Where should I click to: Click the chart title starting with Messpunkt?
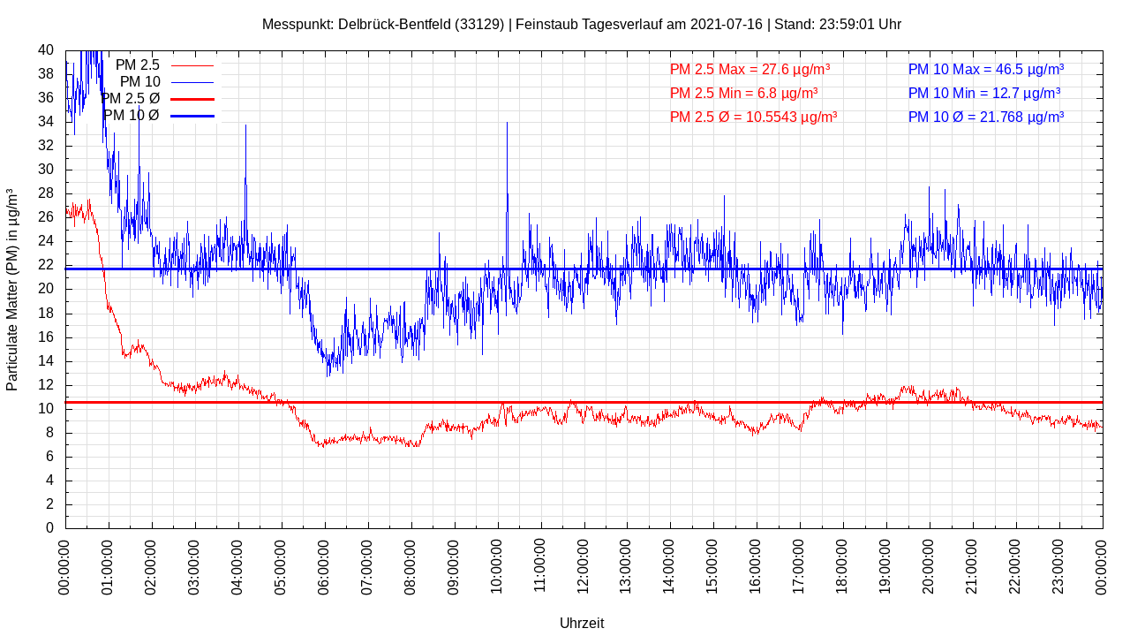coord(582,24)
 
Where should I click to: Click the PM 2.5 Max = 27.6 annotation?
coord(750,69)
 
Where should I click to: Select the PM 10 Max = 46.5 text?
coord(985,69)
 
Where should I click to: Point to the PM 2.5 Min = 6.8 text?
coord(743,93)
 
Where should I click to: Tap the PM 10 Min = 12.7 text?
coord(984,93)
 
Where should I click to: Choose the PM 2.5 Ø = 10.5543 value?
coord(753,117)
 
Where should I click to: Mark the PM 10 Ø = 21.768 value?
coord(985,117)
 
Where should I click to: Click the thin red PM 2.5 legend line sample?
coord(192,65)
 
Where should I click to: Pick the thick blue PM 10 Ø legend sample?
coord(192,116)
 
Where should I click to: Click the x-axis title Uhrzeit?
coord(582,623)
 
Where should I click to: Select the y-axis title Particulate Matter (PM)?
coord(12,289)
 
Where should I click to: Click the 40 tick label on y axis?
coord(46,50)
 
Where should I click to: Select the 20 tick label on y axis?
coord(46,289)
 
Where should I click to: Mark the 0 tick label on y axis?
coord(49,527)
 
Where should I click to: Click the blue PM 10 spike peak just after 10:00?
coord(507,124)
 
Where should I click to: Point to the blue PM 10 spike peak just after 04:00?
coord(245,126)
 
